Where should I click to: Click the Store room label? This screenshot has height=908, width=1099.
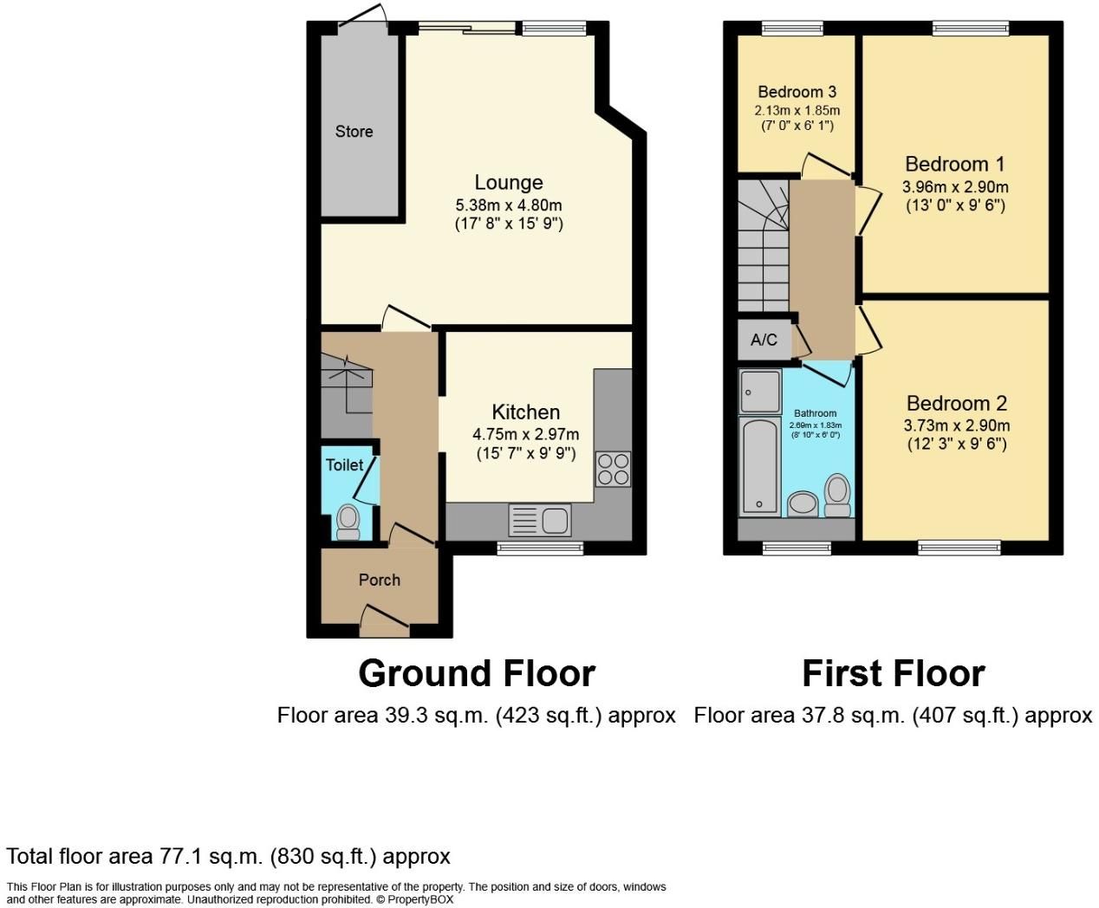click(354, 132)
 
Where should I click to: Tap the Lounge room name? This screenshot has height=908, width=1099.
click(509, 183)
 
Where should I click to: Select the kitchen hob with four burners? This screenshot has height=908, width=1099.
click(613, 469)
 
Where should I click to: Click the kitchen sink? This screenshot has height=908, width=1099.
click(540, 521)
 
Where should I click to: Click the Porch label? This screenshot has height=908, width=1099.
click(380, 580)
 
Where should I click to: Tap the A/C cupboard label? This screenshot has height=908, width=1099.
click(764, 340)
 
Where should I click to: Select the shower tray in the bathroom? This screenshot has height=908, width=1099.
click(760, 392)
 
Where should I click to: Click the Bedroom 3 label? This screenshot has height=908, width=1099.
click(797, 92)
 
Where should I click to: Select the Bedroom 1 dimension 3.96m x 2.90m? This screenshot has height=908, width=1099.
click(955, 186)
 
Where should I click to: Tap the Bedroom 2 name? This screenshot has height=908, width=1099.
click(957, 403)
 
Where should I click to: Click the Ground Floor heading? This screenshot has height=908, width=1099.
click(477, 673)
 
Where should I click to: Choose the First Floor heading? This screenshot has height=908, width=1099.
click(893, 673)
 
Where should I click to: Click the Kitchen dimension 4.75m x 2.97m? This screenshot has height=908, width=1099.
click(526, 434)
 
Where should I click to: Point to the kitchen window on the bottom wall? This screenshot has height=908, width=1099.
click(540, 548)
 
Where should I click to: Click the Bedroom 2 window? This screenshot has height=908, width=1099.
click(959, 548)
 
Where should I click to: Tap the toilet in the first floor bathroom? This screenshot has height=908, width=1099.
click(837, 495)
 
